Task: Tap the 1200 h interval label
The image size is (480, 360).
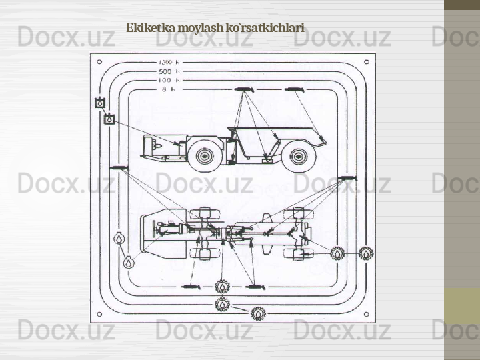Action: click(169, 62)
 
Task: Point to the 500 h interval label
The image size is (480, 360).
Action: click(169, 71)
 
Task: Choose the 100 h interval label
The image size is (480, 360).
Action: click(169, 80)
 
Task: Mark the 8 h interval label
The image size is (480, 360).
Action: click(169, 89)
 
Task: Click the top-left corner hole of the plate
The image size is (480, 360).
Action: click(99, 62)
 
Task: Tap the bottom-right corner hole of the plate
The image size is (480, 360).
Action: click(366, 314)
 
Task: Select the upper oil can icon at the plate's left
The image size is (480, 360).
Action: click(100, 103)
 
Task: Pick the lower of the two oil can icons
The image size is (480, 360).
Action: click(109, 119)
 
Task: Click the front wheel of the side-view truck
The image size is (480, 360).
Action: click(205, 156)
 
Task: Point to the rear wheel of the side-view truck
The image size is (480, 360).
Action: click(299, 157)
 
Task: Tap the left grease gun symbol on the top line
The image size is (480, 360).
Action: click(244, 89)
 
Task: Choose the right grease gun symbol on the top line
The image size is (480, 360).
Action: click(295, 89)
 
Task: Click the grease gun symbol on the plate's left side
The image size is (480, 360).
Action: click(119, 168)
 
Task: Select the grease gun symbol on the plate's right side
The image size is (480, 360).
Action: click(348, 178)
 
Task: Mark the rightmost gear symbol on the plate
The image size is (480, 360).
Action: click(366, 253)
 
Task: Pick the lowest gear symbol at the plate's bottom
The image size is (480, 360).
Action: click(259, 314)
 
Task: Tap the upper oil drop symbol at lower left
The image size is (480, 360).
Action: click(119, 238)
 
